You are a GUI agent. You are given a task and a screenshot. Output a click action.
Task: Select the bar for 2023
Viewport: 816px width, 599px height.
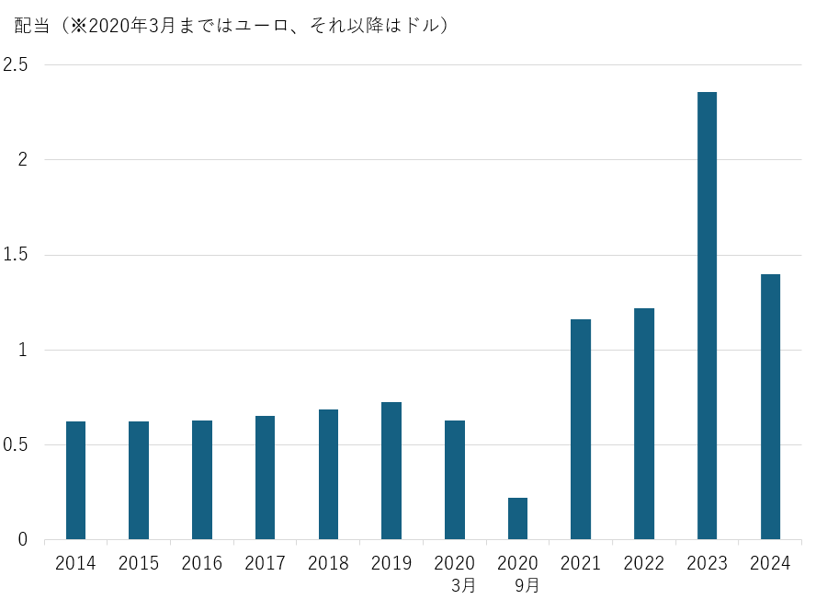[707, 316]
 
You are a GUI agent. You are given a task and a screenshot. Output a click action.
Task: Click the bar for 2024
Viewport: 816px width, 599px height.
[770, 407]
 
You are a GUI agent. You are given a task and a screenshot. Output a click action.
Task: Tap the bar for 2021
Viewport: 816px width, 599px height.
[581, 429]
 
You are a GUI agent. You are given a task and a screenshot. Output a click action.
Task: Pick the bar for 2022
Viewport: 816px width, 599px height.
[644, 423]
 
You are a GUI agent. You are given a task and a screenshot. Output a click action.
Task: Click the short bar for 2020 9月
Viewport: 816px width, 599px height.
[517, 518]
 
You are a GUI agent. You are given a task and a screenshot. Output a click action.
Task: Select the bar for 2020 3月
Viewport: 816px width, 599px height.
[455, 479]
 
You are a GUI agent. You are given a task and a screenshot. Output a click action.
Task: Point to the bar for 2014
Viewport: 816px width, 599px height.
[75, 480]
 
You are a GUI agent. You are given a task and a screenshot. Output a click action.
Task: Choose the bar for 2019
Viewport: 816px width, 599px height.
[391, 470]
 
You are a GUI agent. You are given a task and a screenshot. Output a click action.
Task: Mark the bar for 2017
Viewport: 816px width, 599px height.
[265, 478]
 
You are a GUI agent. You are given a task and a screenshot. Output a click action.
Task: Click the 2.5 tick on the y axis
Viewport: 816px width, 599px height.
[16, 64]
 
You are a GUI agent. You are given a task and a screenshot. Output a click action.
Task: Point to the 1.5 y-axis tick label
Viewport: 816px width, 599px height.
[16, 255]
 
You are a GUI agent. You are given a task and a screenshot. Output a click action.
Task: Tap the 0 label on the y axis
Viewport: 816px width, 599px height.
[24, 540]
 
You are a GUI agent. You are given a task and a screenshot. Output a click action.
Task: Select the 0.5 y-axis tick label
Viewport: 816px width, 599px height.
[16, 445]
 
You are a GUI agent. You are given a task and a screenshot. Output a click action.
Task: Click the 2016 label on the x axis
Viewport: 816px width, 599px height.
[202, 563]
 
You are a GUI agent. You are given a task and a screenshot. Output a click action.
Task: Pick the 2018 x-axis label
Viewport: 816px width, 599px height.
[328, 563]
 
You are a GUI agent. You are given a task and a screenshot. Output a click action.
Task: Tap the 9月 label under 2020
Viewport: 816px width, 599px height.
[527, 584]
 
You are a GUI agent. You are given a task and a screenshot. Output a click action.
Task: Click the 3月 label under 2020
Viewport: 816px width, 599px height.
[464, 584]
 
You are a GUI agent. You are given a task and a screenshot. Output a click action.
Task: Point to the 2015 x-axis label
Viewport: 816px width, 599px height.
[139, 563]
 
